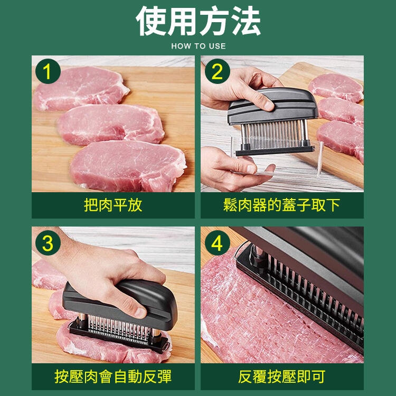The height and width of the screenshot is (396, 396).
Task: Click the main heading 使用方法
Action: point(198,21)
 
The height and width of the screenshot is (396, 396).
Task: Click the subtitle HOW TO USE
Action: point(199,46)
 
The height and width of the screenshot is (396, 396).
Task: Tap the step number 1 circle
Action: point(48,71)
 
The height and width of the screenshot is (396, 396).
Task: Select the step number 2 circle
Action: point(217,71)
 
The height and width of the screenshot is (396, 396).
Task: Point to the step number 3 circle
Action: point(48,243)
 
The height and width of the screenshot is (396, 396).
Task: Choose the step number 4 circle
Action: point(217,243)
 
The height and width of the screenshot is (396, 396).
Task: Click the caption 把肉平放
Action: point(113,205)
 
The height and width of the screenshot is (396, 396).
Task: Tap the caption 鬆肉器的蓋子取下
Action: point(282,205)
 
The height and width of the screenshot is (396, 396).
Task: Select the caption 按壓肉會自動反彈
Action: point(113,376)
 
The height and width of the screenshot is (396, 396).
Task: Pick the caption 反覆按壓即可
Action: point(282,376)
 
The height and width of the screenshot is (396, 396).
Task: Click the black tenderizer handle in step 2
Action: point(273,106)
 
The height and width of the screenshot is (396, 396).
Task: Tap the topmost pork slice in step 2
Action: point(336,88)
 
